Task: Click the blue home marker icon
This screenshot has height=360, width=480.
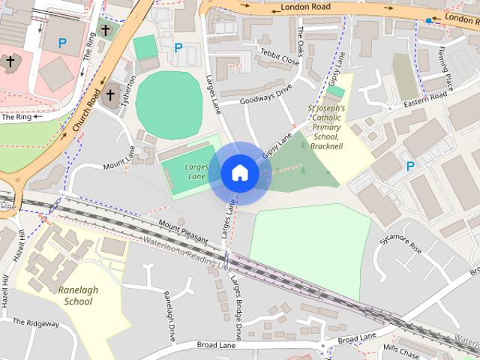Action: (239, 172)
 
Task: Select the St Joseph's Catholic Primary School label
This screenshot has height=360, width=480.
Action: (327, 127)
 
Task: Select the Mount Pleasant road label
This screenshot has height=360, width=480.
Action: (183, 228)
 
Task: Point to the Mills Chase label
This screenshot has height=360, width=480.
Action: (401, 349)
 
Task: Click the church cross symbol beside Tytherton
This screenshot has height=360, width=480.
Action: (111, 95)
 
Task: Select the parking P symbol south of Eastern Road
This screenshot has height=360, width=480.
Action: (410, 166)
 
